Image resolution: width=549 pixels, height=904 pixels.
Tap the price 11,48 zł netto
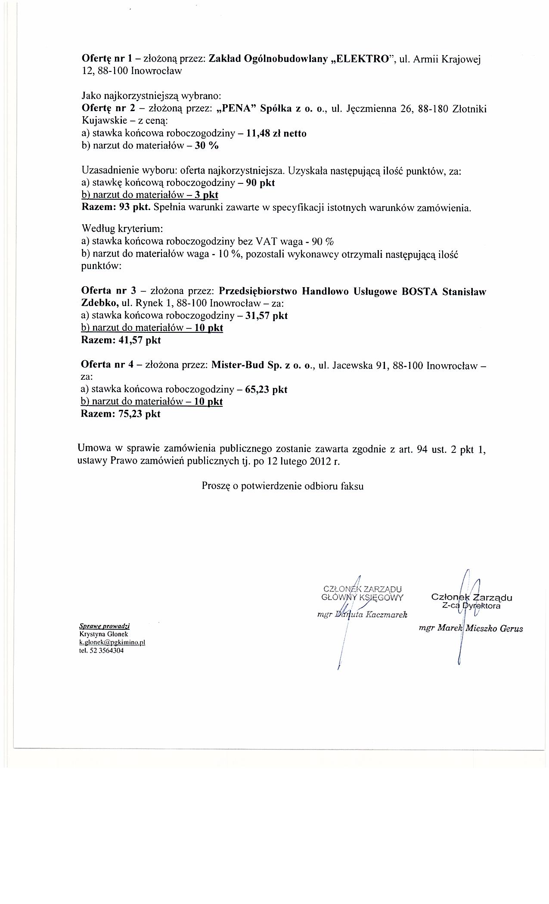coord(276,133)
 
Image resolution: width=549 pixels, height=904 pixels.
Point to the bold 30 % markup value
coord(207,146)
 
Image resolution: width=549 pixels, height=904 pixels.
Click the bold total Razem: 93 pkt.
coord(115,207)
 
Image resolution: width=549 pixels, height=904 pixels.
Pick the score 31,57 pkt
coord(266,316)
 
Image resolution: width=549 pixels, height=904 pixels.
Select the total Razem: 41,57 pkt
coord(121,340)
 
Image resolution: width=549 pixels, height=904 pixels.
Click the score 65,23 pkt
coord(266,390)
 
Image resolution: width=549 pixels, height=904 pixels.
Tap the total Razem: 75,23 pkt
coord(121,414)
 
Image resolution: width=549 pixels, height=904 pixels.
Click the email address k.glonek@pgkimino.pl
coord(112,642)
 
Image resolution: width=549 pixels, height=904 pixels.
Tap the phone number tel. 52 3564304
coord(102,650)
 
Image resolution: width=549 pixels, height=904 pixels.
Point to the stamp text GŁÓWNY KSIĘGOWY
coord(362,597)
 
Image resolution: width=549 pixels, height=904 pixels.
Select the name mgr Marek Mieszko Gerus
coord(471,628)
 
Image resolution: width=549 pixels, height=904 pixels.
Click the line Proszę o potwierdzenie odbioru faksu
coord(282,486)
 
